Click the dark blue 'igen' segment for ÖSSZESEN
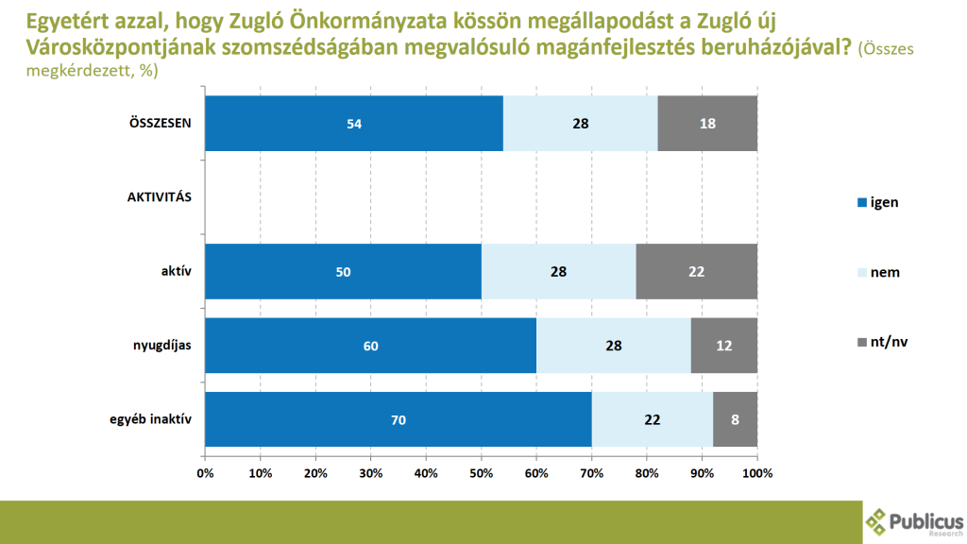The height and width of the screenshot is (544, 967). coord(354,124)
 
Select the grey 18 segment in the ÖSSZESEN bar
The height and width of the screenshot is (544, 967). coord(707,124)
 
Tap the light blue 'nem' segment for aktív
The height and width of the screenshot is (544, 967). coord(558,272)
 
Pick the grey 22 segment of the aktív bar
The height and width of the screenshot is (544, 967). coord(697,272)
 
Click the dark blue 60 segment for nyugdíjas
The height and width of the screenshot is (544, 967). coord(370,346)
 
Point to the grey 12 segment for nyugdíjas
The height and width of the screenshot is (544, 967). coord(724,346)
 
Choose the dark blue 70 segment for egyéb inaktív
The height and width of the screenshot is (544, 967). coord(398,419)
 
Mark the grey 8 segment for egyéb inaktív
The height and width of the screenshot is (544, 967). coord(736,419)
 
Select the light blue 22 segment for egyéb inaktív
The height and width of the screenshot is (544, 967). coord(653,419)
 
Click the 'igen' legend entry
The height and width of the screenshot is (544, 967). coord(876,202)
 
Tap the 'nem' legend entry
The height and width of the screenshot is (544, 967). coord(877,272)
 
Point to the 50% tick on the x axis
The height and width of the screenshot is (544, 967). coord(481,472)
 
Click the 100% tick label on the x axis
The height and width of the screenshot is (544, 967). coord(757,472)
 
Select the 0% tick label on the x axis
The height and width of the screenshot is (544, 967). coord(205,472)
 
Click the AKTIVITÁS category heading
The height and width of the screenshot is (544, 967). coord(160,197)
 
